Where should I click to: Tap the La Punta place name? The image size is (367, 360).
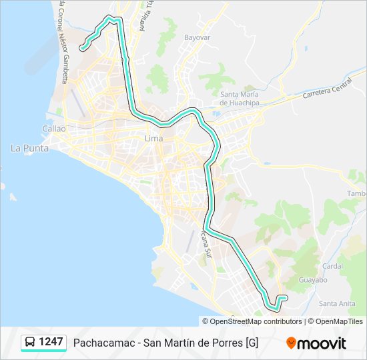pyautogui.click(x=29, y=148)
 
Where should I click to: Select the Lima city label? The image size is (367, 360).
pyautogui.click(x=153, y=139)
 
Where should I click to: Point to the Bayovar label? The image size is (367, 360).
pyautogui.click(x=197, y=38)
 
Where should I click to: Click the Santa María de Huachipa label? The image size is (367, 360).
pyautogui.click(x=240, y=99)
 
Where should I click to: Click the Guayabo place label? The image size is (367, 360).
pyautogui.click(x=313, y=280)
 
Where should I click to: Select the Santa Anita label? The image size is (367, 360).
pyautogui.click(x=336, y=303)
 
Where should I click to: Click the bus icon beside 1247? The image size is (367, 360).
pyautogui.click(x=30, y=342)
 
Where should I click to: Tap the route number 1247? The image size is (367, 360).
pyautogui.click(x=51, y=342)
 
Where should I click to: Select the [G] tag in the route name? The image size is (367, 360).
pyautogui.click(x=252, y=343)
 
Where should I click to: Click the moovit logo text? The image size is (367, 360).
pyautogui.click(x=322, y=343)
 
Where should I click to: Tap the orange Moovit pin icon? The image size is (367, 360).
pyautogui.click(x=291, y=343)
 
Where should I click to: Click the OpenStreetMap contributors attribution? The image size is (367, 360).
pyautogui.click(x=252, y=321)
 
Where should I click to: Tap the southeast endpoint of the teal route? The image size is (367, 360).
pyautogui.click(x=285, y=297)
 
